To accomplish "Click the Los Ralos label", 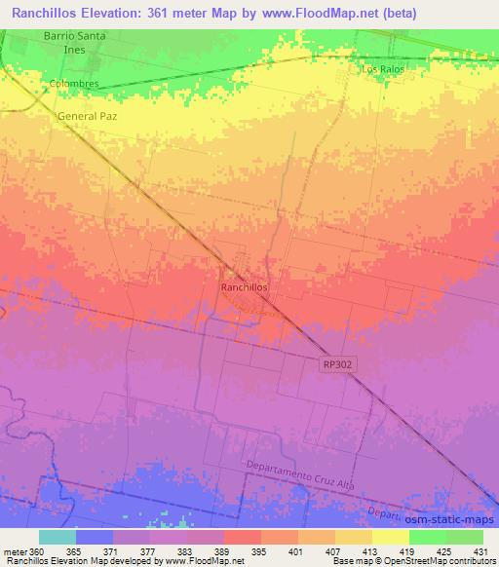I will tap(381, 70).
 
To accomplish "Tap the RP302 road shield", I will tap(337, 363).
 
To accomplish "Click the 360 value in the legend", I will tap(38, 551).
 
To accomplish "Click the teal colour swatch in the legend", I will tap(57, 537).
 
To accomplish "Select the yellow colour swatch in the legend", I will tap(390, 537).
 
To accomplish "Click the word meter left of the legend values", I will tap(15, 551).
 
